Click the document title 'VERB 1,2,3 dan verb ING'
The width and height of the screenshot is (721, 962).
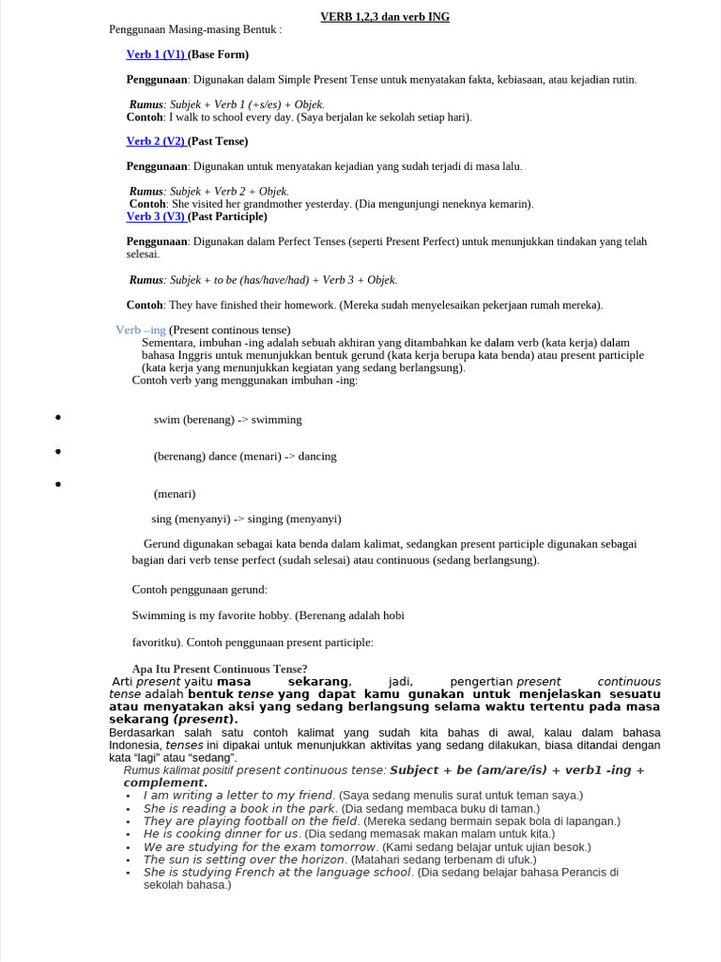pyautogui.click(x=384, y=17)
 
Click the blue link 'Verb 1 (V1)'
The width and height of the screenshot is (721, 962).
pyautogui.click(x=156, y=54)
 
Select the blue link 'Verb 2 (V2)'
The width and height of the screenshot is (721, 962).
pyautogui.click(x=156, y=141)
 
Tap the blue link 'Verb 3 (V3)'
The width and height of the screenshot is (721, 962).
pyautogui.click(x=156, y=216)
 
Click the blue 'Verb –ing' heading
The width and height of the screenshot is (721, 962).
pyautogui.click(x=141, y=330)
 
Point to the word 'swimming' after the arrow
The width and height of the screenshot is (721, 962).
pyautogui.click(x=277, y=420)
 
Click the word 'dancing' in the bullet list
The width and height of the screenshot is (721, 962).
pyautogui.click(x=317, y=457)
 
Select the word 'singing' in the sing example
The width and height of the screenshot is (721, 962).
pyautogui.click(x=266, y=519)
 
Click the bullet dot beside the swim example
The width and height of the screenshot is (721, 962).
pyautogui.click(x=58, y=417)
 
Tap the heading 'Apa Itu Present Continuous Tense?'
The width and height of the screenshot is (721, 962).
pyautogui.click(x=220, y=669)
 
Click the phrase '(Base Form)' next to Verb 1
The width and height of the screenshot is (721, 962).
pyautogui.click(x=219, y=54)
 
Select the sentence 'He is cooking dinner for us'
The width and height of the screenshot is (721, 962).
pyautogui.click(x=221, y=833)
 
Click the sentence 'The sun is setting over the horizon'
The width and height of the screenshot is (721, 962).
pyautogui.click(x=244, y=860)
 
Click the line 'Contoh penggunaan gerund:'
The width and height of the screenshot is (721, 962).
pyautogui.click(x=200, y=590)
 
